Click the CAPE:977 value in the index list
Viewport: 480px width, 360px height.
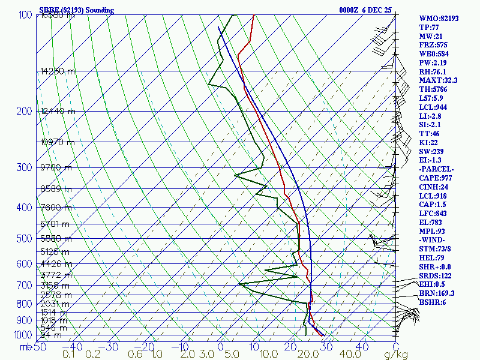436,178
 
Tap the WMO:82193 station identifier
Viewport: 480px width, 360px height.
439,19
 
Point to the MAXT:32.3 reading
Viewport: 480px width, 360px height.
438,80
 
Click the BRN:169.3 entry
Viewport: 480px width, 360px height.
437,293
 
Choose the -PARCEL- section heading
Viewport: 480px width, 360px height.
436,169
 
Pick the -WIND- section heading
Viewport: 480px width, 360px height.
433,240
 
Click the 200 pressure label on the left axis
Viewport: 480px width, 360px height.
23,112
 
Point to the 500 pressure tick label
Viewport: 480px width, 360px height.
23,239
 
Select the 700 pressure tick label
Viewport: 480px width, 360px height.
23,286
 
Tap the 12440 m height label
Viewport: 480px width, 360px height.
58,111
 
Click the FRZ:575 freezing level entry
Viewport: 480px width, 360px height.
433,45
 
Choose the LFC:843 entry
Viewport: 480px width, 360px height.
433,214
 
